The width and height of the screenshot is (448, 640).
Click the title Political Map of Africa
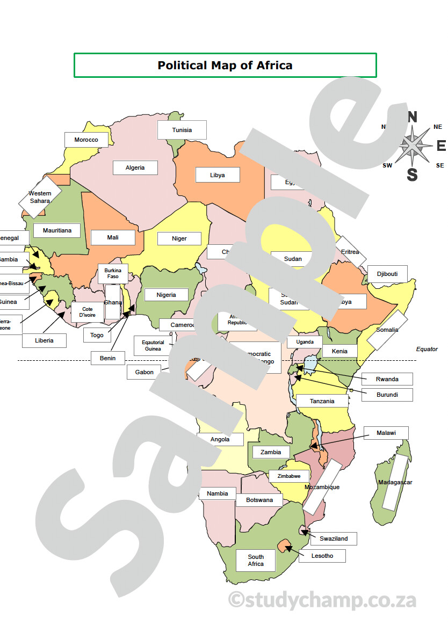coord(225,65)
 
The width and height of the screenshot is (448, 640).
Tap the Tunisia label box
coord(182,130)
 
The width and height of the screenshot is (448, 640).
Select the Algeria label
coord(135,168)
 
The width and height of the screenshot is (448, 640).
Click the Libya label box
coord(217,175)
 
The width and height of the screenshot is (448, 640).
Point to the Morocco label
coord(86,140)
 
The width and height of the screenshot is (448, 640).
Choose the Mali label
coord(113,237)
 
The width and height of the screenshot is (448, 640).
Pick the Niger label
coord(179,238)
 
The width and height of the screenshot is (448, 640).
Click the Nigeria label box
coord(166,295)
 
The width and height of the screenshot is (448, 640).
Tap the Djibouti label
coord(387,274)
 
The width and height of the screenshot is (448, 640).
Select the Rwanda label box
coord(387,379)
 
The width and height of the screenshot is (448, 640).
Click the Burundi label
coord(387,395)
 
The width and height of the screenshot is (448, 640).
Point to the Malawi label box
coord(386,433)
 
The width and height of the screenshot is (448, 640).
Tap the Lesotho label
coord(322,556)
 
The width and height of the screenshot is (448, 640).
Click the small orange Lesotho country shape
coord(283,546)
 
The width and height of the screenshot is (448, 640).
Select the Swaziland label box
coord(334,539)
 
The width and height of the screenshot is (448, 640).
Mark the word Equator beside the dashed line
coord(427,349)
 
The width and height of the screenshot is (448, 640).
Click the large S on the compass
coord(412,174)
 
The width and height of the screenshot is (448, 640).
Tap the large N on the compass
coord(412,117)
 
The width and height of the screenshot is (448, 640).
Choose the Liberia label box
coord(44,340)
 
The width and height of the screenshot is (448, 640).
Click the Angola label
coord(220,439)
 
